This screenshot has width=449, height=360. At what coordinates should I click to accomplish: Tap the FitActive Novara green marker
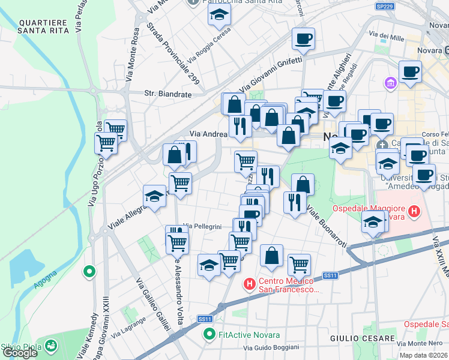pos(209,334)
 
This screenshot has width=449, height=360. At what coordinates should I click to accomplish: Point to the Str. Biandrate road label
pos(168,94)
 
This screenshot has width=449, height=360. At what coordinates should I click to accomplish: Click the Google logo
pos(20,352)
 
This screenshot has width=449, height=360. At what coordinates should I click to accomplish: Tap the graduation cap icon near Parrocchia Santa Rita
pos(220,14)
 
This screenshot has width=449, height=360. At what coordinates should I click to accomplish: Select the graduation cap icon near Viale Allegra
pos(154,196)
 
